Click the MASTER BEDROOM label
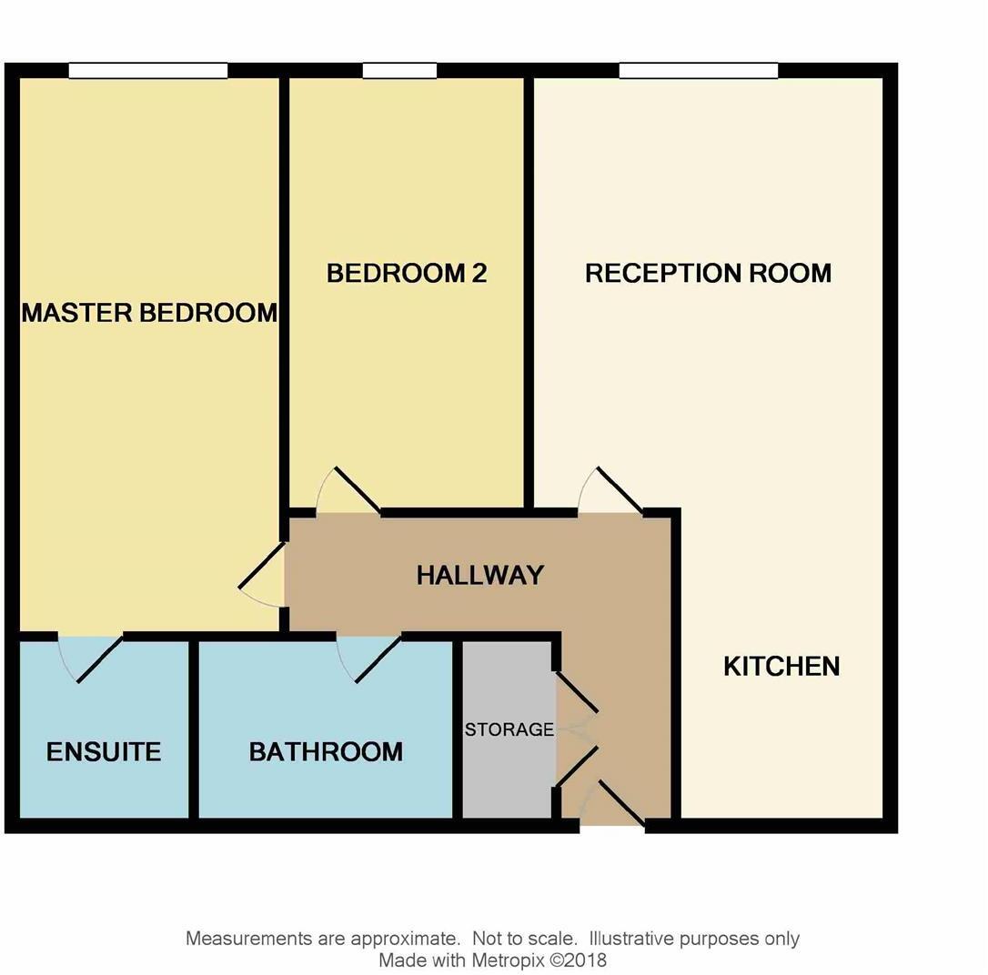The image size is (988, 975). (149, 313)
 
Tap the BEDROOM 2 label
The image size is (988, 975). (407, 273)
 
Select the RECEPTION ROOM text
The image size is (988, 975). (708, 273)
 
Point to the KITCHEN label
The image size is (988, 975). (781, 667)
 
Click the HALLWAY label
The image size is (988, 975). (480, 575)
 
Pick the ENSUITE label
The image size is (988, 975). (104, 752)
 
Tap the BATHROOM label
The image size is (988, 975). (326, 752)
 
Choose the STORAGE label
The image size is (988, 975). (509, 729)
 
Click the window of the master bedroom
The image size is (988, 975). (148, 71)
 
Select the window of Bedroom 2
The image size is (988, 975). (399, 71)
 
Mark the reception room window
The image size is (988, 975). (699, 71)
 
